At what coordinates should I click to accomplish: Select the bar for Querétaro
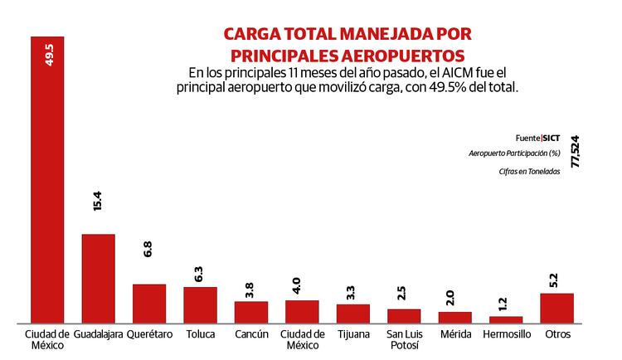(x=149, y=303)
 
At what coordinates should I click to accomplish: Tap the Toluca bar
(x=200, y=304)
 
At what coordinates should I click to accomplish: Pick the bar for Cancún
(x=250, y=311)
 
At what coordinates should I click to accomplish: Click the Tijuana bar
(x=352, y=313)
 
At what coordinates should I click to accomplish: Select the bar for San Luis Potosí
(x=404, y=315)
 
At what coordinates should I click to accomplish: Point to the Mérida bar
(x=454, y=317)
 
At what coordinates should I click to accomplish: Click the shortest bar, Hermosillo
(x=505, y=319)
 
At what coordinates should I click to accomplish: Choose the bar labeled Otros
(x=556, y=307)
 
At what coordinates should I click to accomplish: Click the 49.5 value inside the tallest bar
(x=48, y=56)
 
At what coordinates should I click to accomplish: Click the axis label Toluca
(x=200, y=334)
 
